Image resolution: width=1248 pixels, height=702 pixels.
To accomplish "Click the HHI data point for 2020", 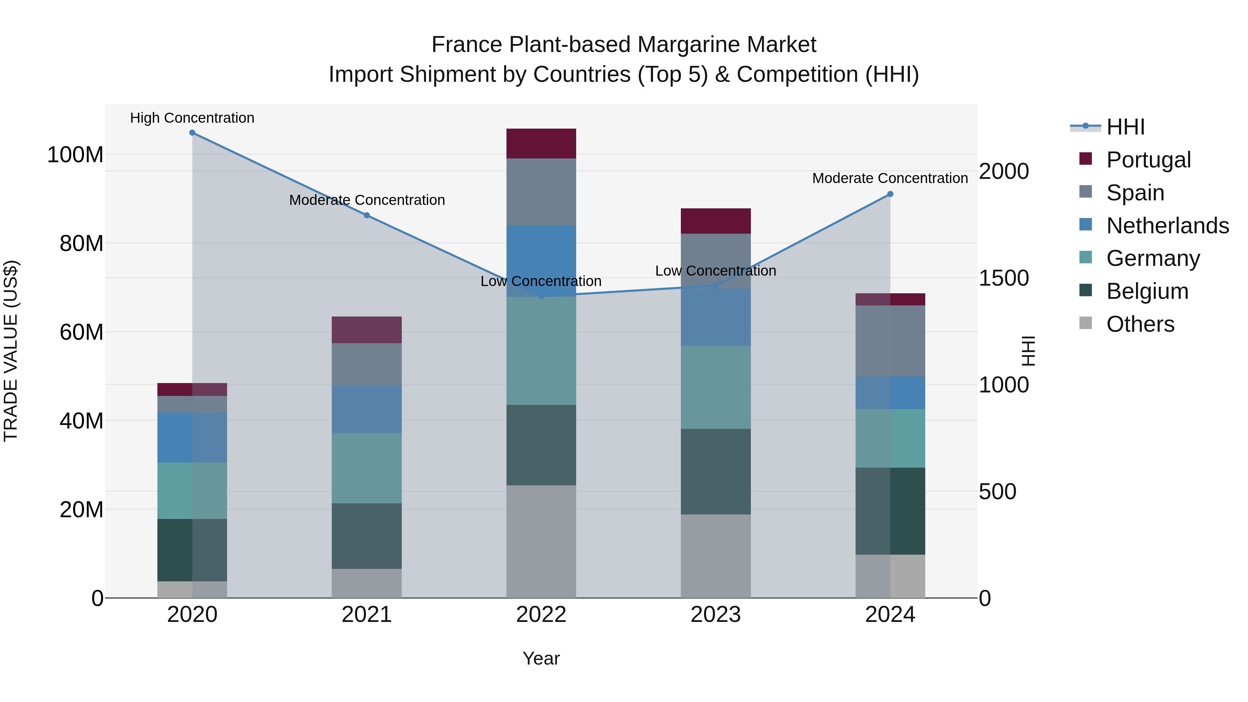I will point(192,133).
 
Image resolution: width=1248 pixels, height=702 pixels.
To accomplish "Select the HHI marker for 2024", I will point(890,194).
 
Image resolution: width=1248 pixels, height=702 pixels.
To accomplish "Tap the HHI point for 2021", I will point(367,216).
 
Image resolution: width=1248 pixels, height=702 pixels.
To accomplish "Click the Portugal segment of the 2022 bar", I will point(541,144).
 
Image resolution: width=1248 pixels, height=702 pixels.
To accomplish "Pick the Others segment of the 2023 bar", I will point(716,556).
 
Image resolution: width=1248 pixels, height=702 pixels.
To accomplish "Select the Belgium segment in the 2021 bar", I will point(367,536).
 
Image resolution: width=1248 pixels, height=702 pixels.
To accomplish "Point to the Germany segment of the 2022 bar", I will point(541,351).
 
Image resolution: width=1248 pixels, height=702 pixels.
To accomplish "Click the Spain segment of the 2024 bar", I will point(890,341).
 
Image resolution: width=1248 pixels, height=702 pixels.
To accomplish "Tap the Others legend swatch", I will point(1086,323).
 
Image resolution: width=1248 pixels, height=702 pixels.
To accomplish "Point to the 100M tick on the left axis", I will point(75,155).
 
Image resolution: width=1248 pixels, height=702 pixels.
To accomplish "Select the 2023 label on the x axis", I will point(716,615).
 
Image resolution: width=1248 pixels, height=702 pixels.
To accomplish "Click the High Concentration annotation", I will point(192,118).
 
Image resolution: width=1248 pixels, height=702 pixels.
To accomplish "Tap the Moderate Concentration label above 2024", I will point(890,178).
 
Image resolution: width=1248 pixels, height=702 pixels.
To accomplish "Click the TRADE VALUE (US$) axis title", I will point(11,351).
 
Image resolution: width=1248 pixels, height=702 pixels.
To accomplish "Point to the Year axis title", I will point(541,658).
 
